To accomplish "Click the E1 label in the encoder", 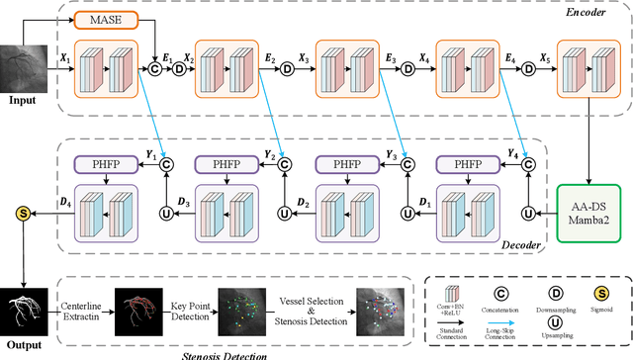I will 168,59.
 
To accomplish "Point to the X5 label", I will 542,59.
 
